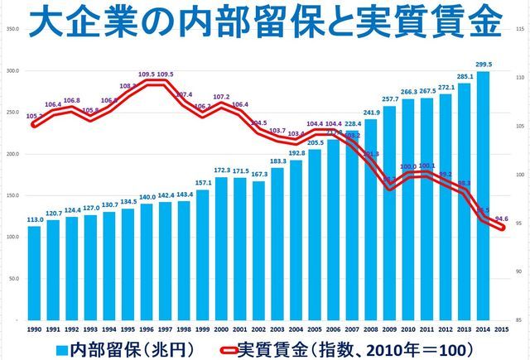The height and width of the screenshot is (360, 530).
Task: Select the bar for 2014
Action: (483, 195)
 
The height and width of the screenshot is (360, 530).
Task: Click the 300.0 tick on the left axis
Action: (12, 70)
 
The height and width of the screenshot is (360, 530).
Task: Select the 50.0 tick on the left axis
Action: (12, 279)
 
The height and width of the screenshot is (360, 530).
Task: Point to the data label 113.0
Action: (35, 220)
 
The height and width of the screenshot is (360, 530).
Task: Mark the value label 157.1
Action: (203, 182)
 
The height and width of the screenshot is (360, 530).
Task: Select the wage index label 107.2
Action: (221, 97)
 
